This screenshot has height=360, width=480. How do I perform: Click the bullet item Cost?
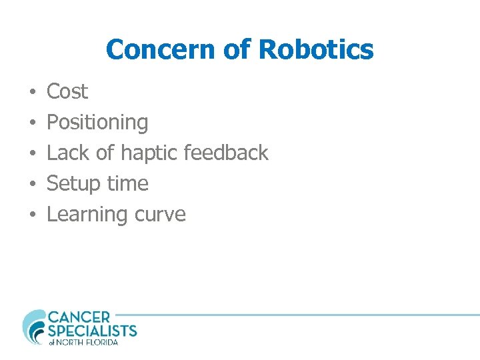(x=67, y=91)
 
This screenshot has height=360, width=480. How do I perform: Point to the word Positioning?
(x=97, y=123)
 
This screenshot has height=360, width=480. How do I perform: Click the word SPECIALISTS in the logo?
(x=92, y=330)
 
